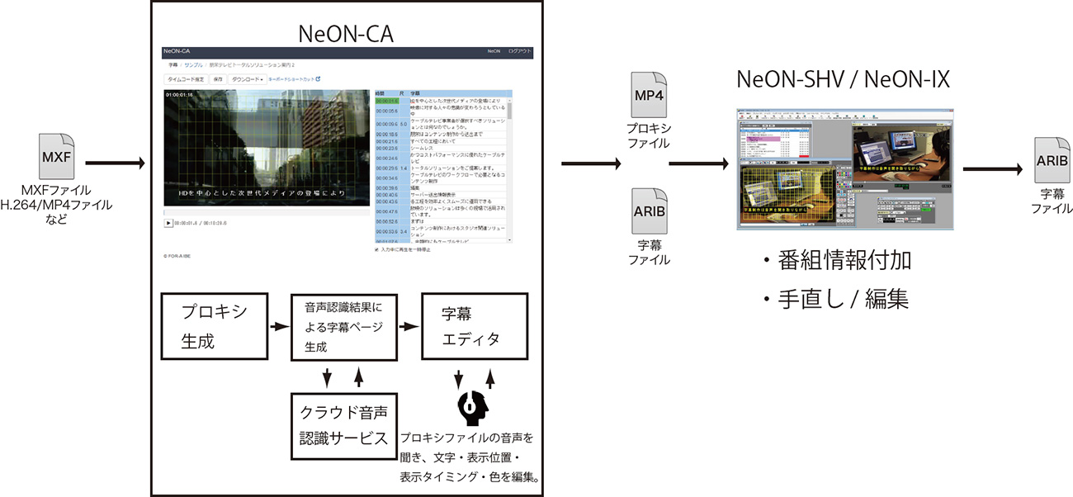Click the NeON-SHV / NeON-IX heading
tap(843, 80)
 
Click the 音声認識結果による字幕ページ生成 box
tap(343, 326)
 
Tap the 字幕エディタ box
tap(473, 326)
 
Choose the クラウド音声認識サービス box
tap(343, 425)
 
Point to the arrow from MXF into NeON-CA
tap(116, 163)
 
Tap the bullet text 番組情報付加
tap(842, 262)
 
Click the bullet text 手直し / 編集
tap(842, 297)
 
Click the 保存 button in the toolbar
tap(218, 79)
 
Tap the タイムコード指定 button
tap(187, 79)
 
